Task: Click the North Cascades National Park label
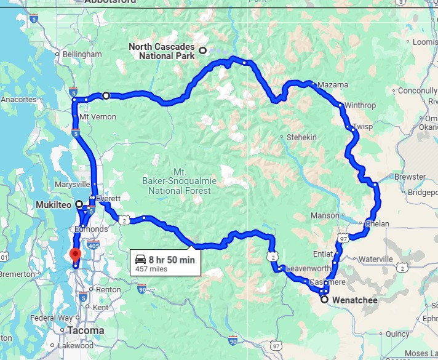(161, 52)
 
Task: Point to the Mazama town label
(333, 85)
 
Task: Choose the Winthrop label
(360, 105)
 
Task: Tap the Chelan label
(377, 223)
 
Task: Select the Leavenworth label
(306, 268)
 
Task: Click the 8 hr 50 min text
(173, 260)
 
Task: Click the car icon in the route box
(141, 259)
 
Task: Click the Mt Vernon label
(98, 117)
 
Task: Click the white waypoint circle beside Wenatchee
(324, 300)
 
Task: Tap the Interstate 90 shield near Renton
(142, 288)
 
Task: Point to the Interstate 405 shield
(93, 246)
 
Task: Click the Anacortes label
(20, 99)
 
